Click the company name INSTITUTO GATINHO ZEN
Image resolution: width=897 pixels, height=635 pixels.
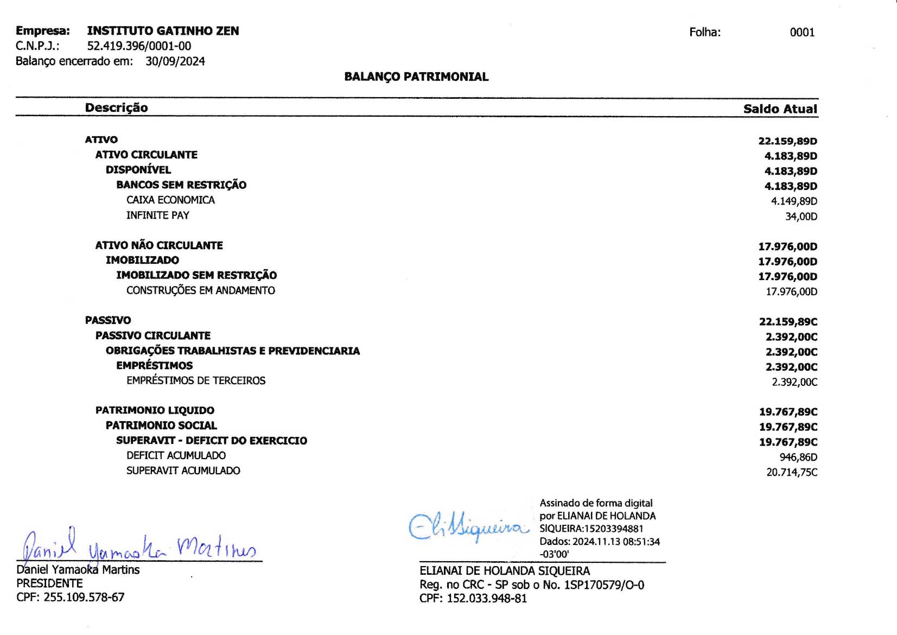coord(163,31)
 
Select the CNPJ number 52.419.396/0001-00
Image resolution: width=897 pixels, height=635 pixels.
coord(139,46)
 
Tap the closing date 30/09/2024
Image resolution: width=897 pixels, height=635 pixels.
coord(175,61)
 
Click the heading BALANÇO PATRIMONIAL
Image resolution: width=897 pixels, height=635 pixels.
coord(416,77)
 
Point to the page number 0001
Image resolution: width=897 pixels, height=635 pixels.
coord(802,33)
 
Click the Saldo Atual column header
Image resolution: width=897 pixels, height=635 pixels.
coord(780,109)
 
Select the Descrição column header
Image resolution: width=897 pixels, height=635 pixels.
coord(116,107)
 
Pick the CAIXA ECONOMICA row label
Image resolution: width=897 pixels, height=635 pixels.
coord(170,200)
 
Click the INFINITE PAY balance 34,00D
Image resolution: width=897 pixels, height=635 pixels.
coord(801,217)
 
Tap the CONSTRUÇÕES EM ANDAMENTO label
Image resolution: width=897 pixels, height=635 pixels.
coord(200,291)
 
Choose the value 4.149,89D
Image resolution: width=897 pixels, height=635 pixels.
coord(794,201)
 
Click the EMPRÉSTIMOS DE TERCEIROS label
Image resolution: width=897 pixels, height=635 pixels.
coord(196,381)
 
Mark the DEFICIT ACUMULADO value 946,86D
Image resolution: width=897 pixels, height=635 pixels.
coord(798,458)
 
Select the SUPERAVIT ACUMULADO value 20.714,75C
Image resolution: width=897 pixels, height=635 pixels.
coord(792,473)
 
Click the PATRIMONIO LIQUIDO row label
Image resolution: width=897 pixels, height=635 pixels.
coord(155,411)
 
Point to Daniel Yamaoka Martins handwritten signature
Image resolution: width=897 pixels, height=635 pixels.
coord(138,545)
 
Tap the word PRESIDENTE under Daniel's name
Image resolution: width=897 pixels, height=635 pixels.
coord(49,583)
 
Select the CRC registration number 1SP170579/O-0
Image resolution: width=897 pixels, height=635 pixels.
coord(604,585)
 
